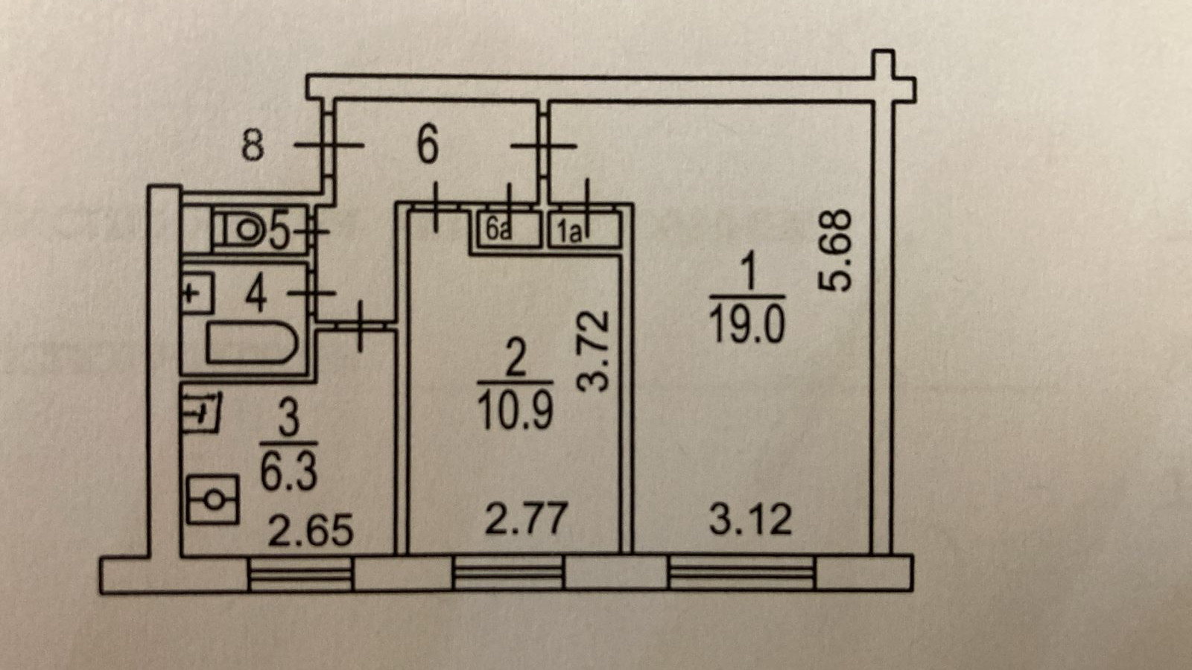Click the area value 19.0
click(746, 325)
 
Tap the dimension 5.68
click(834, 249)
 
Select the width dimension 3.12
click(750, 519)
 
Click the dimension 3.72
click(595, 351)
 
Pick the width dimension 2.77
click(526, 518)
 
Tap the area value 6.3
click(288, 470)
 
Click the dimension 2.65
click(310, 531)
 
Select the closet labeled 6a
click(505, 230)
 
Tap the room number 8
click(253, 144)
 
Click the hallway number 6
click(427, 144)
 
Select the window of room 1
click(741, 574)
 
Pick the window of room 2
click(509, 574)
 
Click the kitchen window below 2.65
click(299, 574)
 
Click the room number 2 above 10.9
click(516, 358)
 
